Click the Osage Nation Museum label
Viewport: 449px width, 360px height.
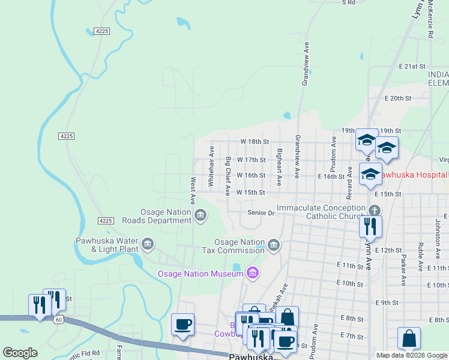[x=200, y=274]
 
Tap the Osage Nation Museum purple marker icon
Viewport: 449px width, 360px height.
[x=253, y=274]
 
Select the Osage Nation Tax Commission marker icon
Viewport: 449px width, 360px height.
[x=274, y=245]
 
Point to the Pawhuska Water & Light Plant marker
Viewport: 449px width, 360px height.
[x=148, y=244]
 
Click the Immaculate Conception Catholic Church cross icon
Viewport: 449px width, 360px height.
[x=374, y=211]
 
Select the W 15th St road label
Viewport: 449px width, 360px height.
[x=250, y=193]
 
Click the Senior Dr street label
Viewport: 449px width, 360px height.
[x=261, y=212]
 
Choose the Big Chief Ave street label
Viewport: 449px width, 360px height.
[x=228, y=176]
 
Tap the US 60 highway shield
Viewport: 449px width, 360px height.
[x=58, y=320]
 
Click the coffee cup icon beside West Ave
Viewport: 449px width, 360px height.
[x=182, y=325]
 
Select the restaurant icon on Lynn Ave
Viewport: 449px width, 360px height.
[x=370, y=226]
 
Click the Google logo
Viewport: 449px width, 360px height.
[x=20, y=353]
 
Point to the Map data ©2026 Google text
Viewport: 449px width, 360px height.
[x=412, y=355]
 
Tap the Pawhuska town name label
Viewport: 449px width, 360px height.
[x=251, y=356]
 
